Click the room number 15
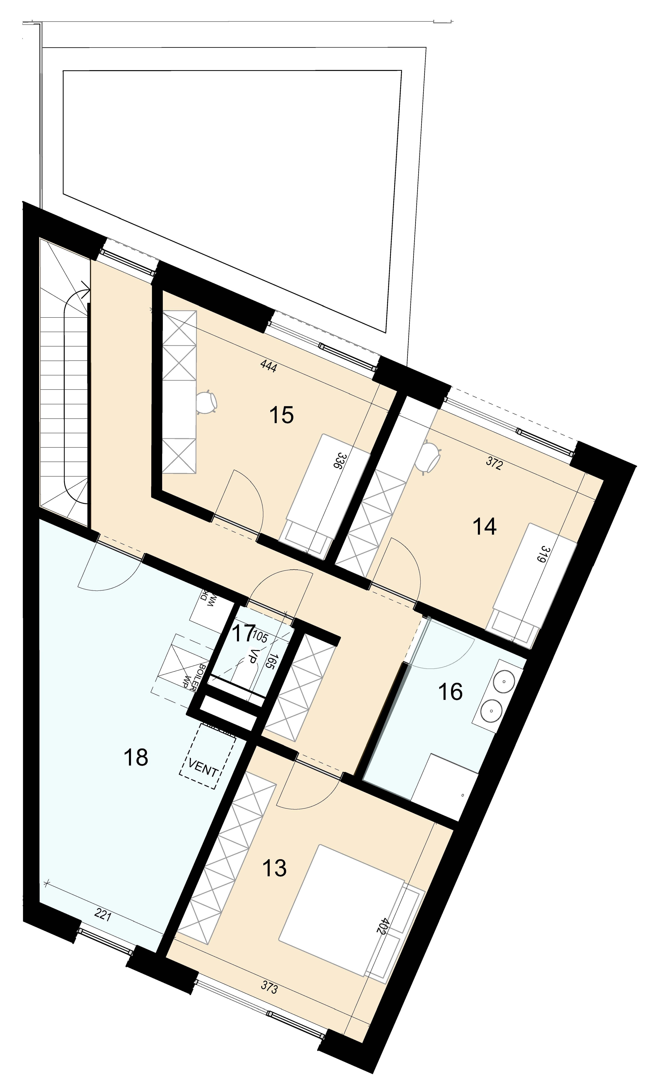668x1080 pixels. coord(281,415)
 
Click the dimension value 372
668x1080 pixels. coord(494,464)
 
